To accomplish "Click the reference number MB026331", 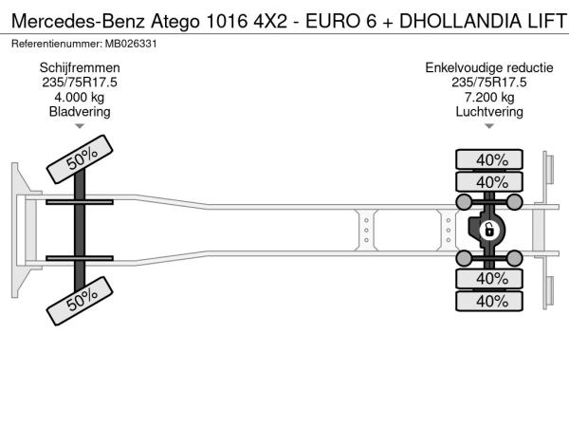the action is [x=131, y=44].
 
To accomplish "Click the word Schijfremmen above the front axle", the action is [x=80, y=68].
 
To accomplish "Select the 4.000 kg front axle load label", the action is [x=80, y=98].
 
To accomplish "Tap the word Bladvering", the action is [x=80, y=112].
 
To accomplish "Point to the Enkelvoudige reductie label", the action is [x=489, y=68].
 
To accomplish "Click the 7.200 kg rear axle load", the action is [x=489, y=98].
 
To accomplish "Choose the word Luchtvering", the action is [x=489, y=112].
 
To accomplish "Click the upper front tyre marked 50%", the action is [x=80, y=159].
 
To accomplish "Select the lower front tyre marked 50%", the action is [x=80, y=301].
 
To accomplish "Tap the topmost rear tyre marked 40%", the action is [x=489, y=159].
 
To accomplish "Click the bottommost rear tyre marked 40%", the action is [x=489, y=301].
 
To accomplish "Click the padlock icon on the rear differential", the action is [x=489, y=231].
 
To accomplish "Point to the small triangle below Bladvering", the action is [x=80, y=126].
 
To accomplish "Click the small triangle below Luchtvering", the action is [x=489, y=126].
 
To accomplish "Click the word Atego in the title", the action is [x=175, y=22].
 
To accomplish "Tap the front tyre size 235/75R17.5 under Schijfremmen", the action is [x=80, y=83].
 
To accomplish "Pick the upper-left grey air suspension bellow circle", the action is [x=464, y=202].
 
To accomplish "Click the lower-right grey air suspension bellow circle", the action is [x=515, y=258].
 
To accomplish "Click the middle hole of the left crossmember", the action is [x=366, y=231].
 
